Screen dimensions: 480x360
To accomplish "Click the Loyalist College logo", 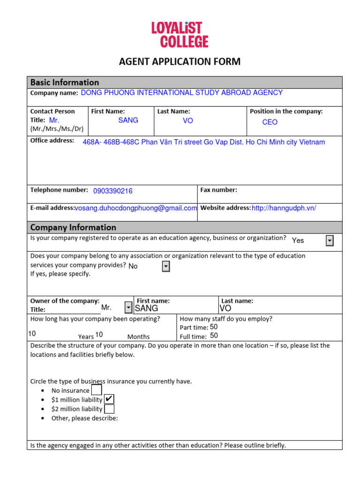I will pyautogui.click(x=180, y=35).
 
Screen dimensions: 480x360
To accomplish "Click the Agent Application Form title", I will pyautogui.click(x=180, y=61).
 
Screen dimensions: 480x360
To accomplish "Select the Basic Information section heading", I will pyautogui.click(x=65, y=82).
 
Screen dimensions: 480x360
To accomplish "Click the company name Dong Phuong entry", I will pyautogui.click(x=181, y=93).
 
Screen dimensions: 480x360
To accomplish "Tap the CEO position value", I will pyautogui.click(x=270, y=122).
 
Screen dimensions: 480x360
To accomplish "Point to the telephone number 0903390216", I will pyautogui.click(x=113, y=191).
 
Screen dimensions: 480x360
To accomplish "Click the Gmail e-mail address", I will pyautogui.click(x=136, y=208).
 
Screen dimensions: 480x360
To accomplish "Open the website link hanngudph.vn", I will pyautogui.click(x=284, y=208).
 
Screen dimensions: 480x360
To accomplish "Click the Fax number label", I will pyautogui.click(x=218, y=190).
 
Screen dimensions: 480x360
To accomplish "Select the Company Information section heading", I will pyautogui.click(x=73, y=228).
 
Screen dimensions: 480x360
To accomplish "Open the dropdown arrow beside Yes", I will pyautogui.click(x=330, y=240).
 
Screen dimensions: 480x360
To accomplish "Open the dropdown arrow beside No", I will pyautogui.click(x=165, y=266).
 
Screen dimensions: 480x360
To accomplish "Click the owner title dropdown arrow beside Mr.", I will pyautogui.click(x=128, y=307).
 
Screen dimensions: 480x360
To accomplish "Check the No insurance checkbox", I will pyautogui.click(x=97, y=390).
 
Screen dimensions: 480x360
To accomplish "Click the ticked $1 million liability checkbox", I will pyautogui.click(x=109, y=399).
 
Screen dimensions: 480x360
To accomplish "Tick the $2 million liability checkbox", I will pyautogui.click(x=109, y=409).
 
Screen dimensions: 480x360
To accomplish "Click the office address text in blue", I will pyautogui.click(x=203, y=142).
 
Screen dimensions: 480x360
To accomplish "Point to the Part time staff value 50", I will pyautogui.click(x=214, y=327).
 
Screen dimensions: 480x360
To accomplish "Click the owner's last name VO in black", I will pyautogui.click(x=225, y=308).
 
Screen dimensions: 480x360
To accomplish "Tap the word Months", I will pyautogui.click(x=138, y=337).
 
